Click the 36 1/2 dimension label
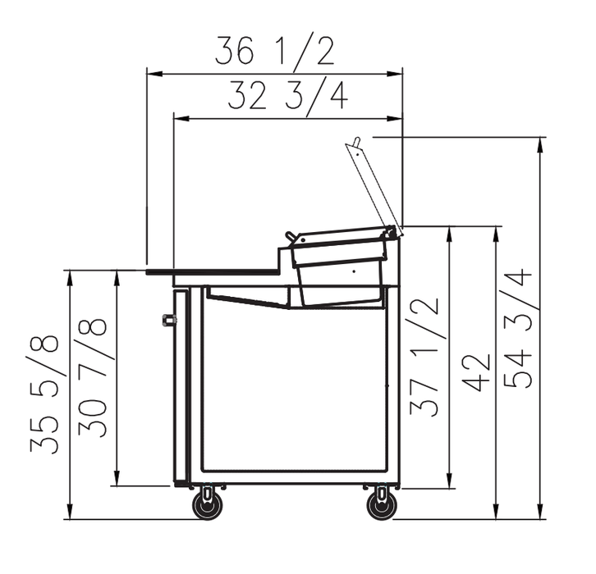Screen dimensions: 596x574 coord(275,51)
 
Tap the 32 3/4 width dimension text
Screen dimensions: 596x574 coord(287,97)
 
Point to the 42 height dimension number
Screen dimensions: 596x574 coord(478,373)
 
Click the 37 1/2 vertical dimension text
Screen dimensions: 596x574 coord(424,357)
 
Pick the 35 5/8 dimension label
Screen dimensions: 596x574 coord(44,394)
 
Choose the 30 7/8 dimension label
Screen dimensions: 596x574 coord(93,377)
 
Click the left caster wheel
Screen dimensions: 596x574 coord(208,506)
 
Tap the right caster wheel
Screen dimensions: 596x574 coord(382,506)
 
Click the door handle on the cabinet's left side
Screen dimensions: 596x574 coord(168,320)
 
